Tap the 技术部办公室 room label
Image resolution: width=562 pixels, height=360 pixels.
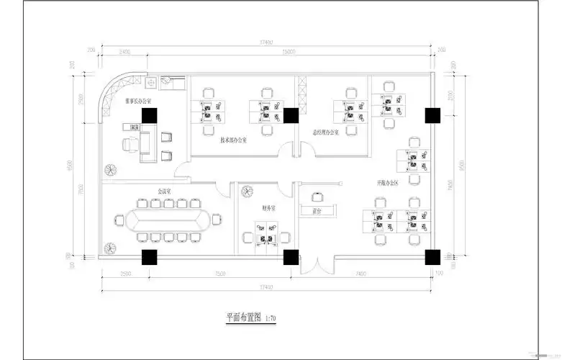234,140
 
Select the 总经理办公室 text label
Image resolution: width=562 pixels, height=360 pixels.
325,132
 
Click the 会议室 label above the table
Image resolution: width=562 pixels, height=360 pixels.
165,192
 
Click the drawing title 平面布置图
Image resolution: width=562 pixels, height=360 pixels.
244,317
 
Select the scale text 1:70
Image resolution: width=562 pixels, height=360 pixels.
271,318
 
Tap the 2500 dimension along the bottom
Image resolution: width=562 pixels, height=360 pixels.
125,274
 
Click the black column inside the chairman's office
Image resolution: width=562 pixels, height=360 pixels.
150,114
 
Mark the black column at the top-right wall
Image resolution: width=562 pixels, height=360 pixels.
432,114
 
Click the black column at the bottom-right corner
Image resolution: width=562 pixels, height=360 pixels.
432,256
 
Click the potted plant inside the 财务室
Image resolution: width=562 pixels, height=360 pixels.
246,192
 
